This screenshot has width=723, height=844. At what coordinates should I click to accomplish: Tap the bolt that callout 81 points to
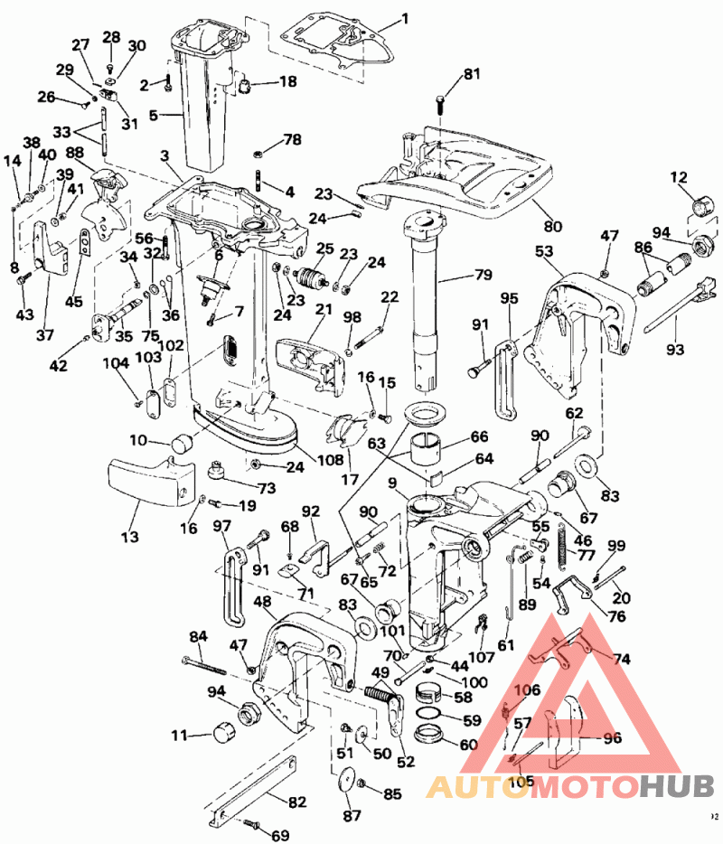coord(440,106)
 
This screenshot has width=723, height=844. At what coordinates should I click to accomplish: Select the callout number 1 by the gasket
coord(404,17)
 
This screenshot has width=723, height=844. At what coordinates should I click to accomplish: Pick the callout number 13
coord(130,537)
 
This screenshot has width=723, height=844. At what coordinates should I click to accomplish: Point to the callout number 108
coord(332,460)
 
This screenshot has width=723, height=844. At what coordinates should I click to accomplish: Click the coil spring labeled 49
coord(383,697)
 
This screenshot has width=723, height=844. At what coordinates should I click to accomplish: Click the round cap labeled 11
coord(223,734)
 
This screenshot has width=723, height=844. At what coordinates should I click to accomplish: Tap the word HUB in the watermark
coord(677,786)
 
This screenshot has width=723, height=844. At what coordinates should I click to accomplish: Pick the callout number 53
coord(545,251)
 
